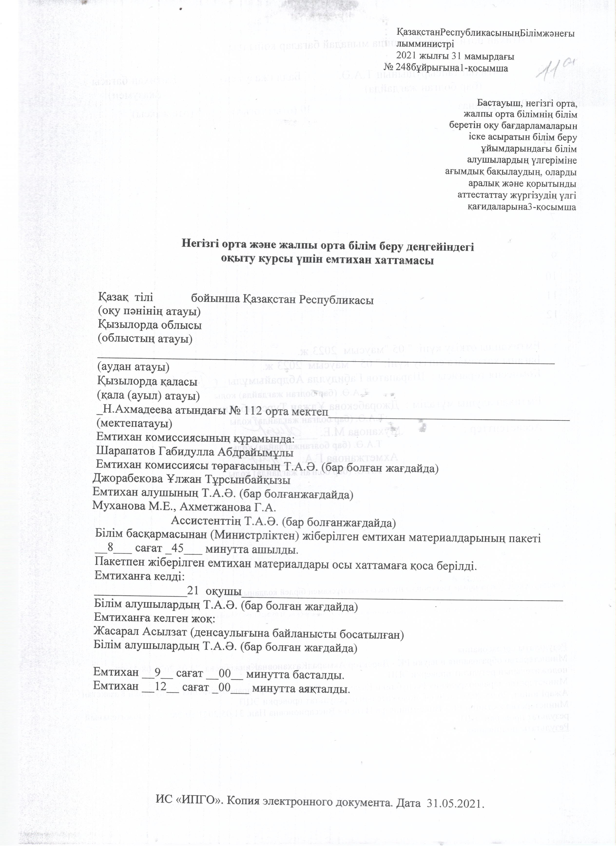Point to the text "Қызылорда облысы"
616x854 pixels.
150,325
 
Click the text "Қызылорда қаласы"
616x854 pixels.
147,381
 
